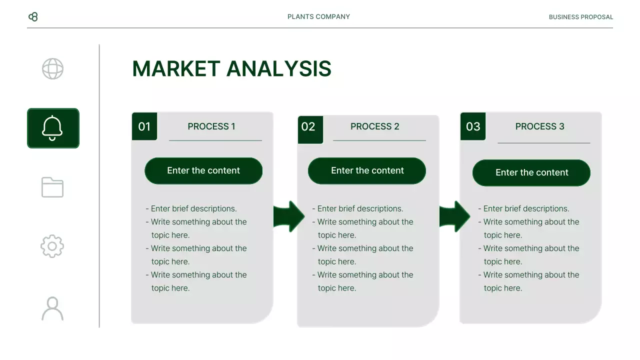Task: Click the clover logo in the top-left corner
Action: click(x=33, y=17)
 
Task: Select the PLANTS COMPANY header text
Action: click(x=318, y=17)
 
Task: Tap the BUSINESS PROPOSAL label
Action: click(x=580, y=17)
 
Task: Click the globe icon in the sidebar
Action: click(x=52, y=69)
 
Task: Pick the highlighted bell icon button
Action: click(x=53, y=128)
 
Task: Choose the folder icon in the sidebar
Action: click(x=52, y=187)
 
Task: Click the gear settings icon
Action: click(x=52, y=246)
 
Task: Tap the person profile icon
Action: click(x=52, y=308)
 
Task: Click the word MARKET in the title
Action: click(x=176, y=69)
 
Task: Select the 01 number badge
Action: click(x=144, y=126)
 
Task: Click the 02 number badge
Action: click(x=308, y=127)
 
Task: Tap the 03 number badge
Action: click(x=473, y=126)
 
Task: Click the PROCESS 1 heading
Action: click(x=211, y=126)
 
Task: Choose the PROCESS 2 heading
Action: click(x=375, y=126)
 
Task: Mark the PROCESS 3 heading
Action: click(x=540, y=126)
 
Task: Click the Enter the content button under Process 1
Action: click(x=203, y=170)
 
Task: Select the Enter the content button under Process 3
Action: click(x=531, y=172)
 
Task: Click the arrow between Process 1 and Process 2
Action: click(x=288, y=216)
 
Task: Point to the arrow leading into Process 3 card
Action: click(x=454, y=216)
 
